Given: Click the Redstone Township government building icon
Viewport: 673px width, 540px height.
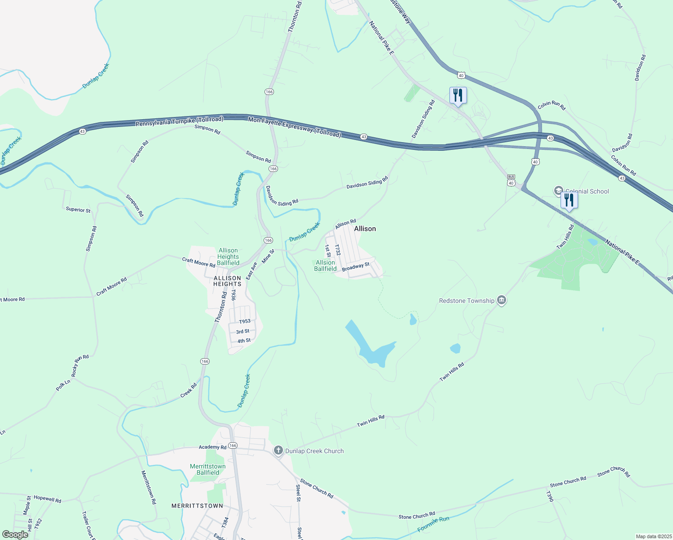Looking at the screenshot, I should tap(502, 301).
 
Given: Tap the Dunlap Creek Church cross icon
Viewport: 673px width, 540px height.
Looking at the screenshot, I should tap(278, 450).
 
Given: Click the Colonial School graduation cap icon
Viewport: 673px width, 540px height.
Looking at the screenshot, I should tap(559, 191).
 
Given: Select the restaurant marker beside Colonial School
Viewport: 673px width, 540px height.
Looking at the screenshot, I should tap(569, 200).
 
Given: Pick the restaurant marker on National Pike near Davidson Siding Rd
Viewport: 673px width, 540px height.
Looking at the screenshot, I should tap(458, 95).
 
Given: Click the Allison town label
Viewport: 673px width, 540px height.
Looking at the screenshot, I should tap(365, 229).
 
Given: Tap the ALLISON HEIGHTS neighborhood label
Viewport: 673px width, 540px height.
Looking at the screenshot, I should tap(227, 281).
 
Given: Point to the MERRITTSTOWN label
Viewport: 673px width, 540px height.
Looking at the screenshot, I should tap(197, 506).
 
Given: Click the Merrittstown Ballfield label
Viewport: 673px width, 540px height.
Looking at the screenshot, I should tap(208, 469).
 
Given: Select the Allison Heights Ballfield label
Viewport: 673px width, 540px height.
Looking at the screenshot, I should tap(228, 256).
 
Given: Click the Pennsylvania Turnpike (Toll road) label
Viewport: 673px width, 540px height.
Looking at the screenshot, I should tap(179, 121).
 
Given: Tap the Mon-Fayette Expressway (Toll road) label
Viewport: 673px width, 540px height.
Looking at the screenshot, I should tap(295, 126).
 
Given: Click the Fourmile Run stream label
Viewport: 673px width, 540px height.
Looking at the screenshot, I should tap(433, 525).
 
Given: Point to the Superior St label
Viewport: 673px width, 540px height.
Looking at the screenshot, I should tap(78, 210).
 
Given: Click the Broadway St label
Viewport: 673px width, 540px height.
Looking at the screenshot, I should tap(355, 267).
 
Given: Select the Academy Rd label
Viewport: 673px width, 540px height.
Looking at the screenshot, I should tap(213, 447).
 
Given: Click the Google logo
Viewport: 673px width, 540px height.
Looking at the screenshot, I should tap(15, 535).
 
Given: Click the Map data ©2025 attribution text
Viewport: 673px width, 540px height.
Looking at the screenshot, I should tap(654, 536).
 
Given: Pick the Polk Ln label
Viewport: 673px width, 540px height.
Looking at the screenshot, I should tap(63, 385).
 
